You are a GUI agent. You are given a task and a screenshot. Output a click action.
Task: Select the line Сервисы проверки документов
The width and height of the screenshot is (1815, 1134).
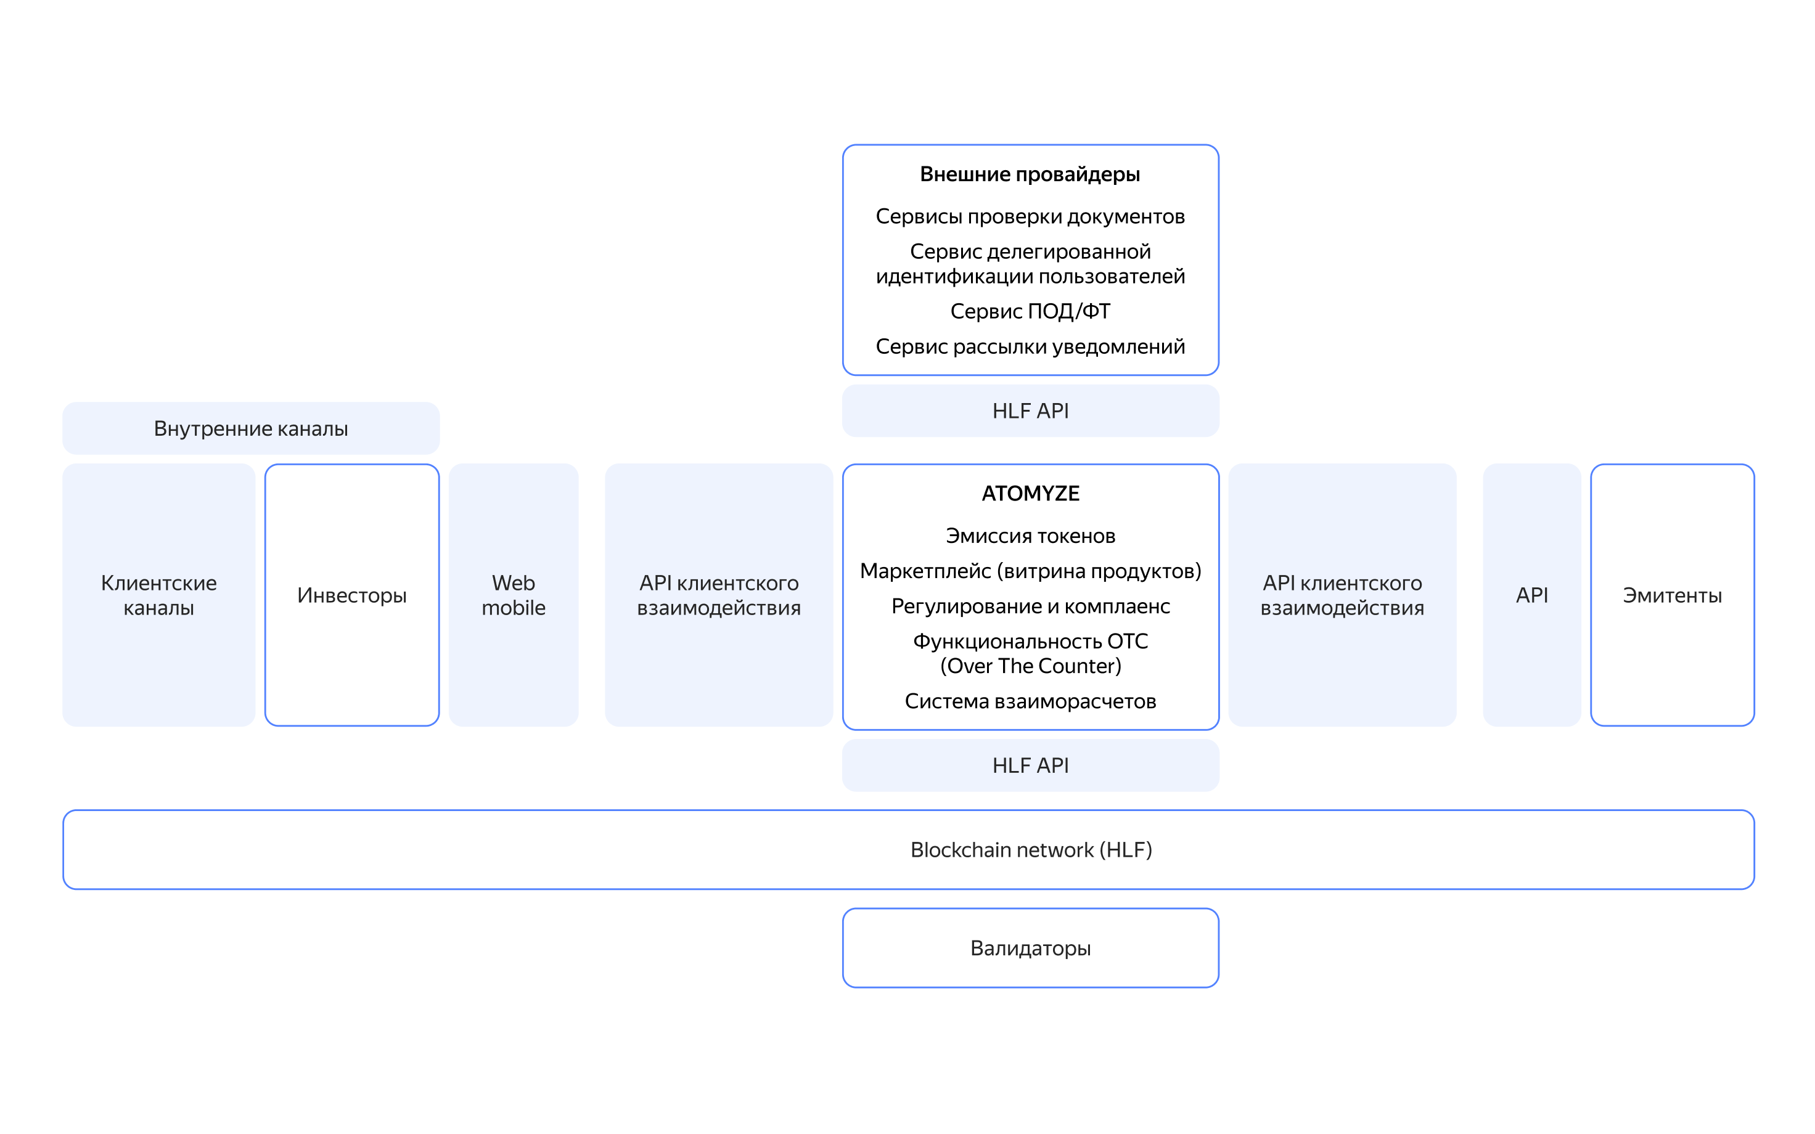[x=1030, y=217]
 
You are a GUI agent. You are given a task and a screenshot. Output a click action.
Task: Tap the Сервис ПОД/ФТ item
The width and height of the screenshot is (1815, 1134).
[x=1030, y=311]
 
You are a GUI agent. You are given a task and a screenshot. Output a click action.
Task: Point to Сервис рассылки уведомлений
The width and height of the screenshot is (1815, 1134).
[x=1030, y=346]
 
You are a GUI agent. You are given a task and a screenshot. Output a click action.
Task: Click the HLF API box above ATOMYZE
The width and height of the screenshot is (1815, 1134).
[x=1030, y=411]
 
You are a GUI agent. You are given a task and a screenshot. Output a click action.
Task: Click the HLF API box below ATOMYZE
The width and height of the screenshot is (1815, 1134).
[x=1030, y=765]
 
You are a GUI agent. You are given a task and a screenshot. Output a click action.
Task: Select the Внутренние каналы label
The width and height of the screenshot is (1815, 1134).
[x=250, y=428]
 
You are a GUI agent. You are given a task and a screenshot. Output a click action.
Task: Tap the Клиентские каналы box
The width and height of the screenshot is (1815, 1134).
[x=159, y=595]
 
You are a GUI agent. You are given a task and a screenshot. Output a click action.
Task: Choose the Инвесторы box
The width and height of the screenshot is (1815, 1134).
[x=352, y=595]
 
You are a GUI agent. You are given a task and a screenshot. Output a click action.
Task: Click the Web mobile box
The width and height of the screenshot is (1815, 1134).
[x=513, y=595]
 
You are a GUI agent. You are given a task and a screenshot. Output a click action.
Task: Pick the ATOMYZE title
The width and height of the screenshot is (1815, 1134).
[x=1030, y=494]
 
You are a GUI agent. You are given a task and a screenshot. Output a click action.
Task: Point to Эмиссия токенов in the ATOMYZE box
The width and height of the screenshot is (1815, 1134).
[x=1030, y=536]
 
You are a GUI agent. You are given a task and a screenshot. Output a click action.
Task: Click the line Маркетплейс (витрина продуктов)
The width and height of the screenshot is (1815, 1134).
[x=1030, y=571]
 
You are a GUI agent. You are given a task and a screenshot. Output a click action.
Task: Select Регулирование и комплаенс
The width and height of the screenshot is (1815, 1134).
[x=1030, y=606]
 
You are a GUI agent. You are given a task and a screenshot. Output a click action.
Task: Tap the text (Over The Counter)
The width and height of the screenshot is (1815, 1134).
[x=1030, y=666]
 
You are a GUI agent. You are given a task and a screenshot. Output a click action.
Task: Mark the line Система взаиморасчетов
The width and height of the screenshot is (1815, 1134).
[x=1030, y=701]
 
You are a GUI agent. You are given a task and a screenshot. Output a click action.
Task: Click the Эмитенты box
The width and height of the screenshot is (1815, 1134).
[x=1672, y=595]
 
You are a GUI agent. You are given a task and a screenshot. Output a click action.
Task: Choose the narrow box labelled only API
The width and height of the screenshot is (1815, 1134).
[x=1531, y=595]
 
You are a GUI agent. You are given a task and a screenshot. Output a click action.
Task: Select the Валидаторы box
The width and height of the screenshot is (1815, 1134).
[x=1030, y=948]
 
